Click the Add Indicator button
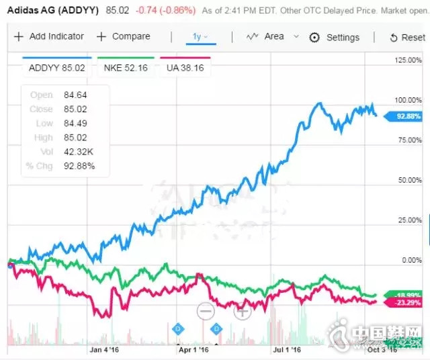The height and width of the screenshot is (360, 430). pyautogui.click(x=49, y=36)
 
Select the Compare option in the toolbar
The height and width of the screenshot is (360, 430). pyautogui.click(x=123, y=36)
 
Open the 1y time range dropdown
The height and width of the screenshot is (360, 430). pyautogui.click(x=200, y=36)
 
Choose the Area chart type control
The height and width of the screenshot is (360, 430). pyautogui.click(x=265, y=36)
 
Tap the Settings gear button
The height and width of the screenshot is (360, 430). pyautogui.click(x=334, y=38)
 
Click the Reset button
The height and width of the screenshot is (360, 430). pyautogui.click(x=406, y=38)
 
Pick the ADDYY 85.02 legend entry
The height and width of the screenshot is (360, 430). pyautogui.click(x=56, y=67)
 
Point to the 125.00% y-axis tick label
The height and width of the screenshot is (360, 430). pyautogui.click(x=408, y=60)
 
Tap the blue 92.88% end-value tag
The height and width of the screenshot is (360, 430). pyautogui.click(x=407, y=116)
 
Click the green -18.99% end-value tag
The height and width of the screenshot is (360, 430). pyautogui.click(x=407, y=295)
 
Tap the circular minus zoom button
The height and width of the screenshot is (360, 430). pyautogui.click(x=206, y=311)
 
